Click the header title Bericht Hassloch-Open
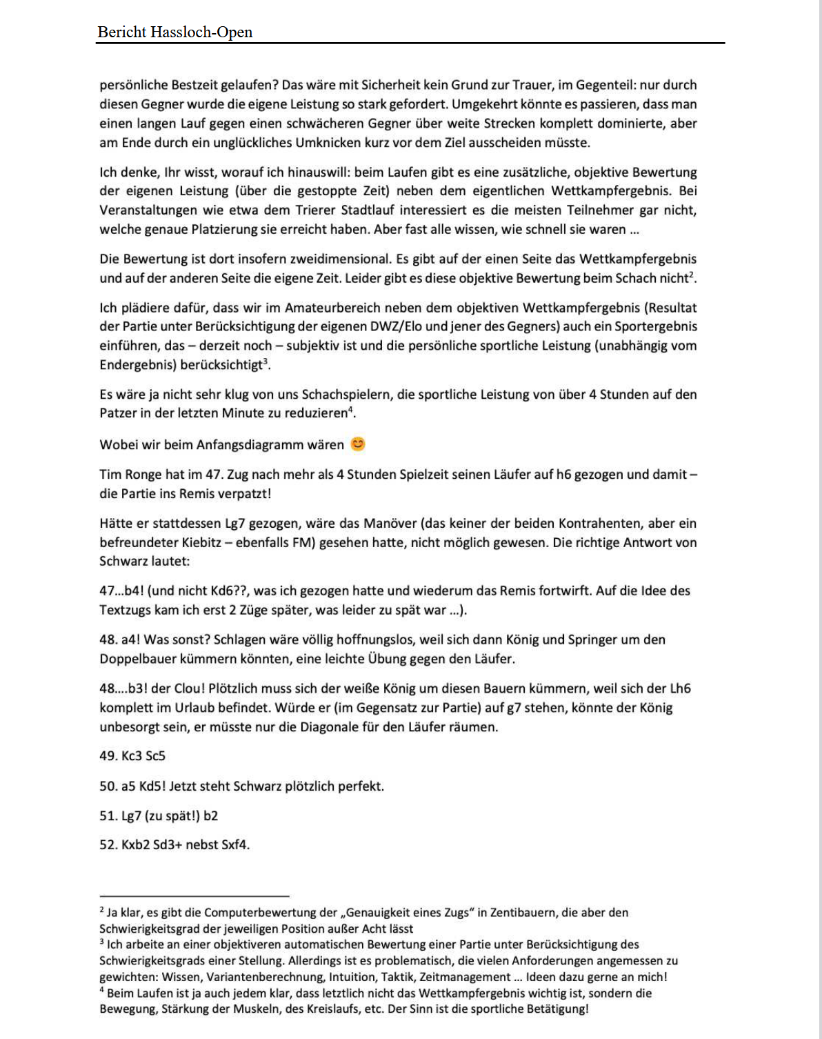point(175,32)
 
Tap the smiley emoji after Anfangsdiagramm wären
point(357,444)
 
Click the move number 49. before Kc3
point(108,756)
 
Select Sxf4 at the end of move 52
point(234,844)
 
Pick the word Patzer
point(119,413)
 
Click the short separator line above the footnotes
point(194,896)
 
